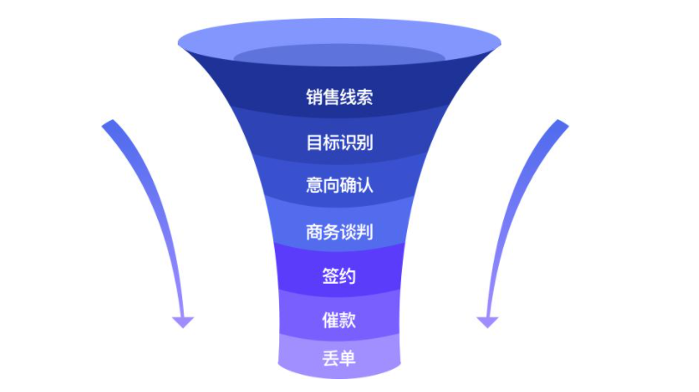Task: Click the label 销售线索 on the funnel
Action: click(339, 97)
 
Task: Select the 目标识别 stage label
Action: click(339, 142)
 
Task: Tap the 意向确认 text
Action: click(339, 185)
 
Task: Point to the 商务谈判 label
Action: click(339, 232)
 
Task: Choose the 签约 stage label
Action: click(339, 276)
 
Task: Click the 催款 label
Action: click(339, 320)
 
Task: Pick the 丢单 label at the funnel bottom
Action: click(339, 359)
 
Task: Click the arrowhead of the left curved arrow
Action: click(183, 322)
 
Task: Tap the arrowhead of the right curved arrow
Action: click(487, 322)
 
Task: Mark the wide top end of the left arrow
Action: click(108, 124)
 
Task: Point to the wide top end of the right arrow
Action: click(562, 124)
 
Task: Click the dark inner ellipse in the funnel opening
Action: click(339, 55)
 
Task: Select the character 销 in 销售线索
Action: click(314, 97)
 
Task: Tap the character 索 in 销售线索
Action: click(365, 97)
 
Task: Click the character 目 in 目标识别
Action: click(314, 142)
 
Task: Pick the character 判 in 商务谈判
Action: click(365, 232)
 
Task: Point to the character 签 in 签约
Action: click(331, 276)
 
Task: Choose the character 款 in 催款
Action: click(348, 320)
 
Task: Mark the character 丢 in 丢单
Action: click(331, 359)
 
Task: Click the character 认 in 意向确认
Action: click(365, 185)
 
